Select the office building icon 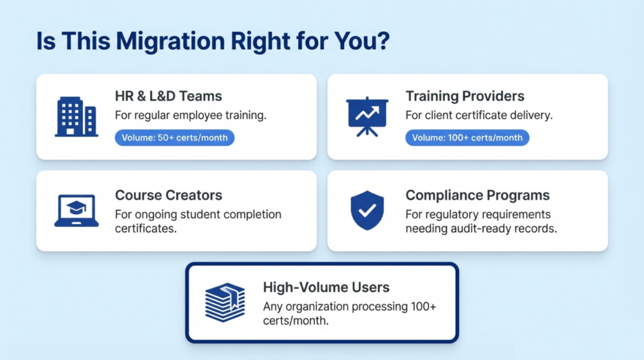point(76,116)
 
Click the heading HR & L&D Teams point(169,96)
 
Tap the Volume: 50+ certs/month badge point(175,138)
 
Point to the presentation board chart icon point(367,116)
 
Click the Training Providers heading point(465,96)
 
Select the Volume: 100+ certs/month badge point(467,138)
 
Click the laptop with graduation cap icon point(76,211)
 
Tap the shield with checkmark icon point(367,211)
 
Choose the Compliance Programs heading point(477,195)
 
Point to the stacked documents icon point(225,302)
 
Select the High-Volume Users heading point(326,288)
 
